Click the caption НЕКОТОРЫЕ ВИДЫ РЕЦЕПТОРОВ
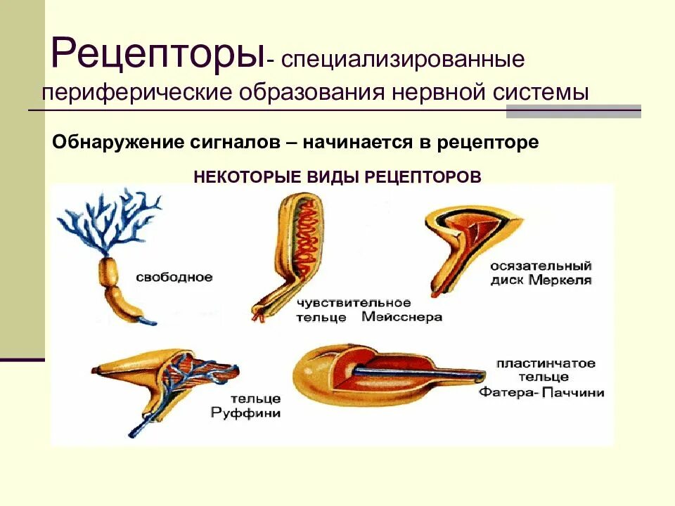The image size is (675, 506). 337,176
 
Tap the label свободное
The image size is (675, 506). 174,277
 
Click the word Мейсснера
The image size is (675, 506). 402,317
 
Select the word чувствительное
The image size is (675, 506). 353,303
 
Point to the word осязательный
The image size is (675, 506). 542,266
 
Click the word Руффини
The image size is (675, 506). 245,413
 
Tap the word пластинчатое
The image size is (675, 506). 546,363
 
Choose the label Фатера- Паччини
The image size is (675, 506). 541,393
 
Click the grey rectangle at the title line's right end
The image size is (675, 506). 573,111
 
